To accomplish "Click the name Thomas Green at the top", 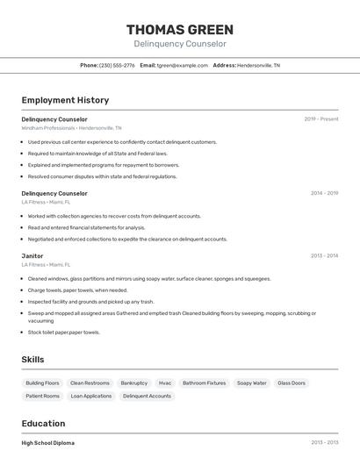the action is coord(180,30).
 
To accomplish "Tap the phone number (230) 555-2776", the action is coord(117,65).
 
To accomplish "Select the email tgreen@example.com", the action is coord(183,65).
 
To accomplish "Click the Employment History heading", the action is coord(65,101).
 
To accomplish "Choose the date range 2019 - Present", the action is coord(321,119).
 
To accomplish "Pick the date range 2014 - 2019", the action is coord(324,193).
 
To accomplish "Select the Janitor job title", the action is coord(32,256).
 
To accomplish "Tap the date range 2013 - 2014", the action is coord(324,256).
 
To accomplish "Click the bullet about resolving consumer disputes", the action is coord(102,176).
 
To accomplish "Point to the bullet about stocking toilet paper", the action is coord(64,333).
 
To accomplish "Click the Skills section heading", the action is coord(33,360).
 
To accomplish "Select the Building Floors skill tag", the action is coord(42,383).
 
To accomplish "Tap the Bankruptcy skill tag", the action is coord(134,383).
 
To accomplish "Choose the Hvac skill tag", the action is coord(165,383).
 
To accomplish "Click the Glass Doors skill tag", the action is coord(292,383).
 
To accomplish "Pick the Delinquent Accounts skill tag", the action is coord(147,397).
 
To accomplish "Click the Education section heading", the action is coord(43,423).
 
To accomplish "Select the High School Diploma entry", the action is coord(48,443).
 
